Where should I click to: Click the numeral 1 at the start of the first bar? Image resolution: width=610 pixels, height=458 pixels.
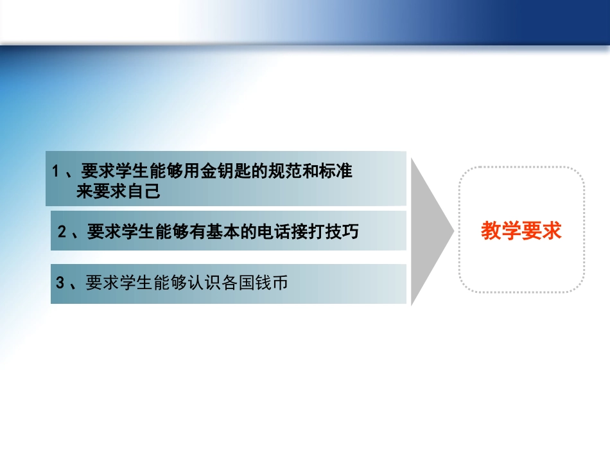coord(57,172)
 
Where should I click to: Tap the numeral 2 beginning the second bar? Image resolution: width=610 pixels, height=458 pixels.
coord(62,233)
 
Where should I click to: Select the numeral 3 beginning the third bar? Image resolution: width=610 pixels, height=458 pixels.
coord(60,283)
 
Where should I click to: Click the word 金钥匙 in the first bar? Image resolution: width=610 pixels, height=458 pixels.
coord(218,172)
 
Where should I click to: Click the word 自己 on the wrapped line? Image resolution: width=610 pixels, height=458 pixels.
coord(144,191)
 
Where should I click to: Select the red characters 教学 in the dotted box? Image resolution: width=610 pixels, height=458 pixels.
coord(501,231)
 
